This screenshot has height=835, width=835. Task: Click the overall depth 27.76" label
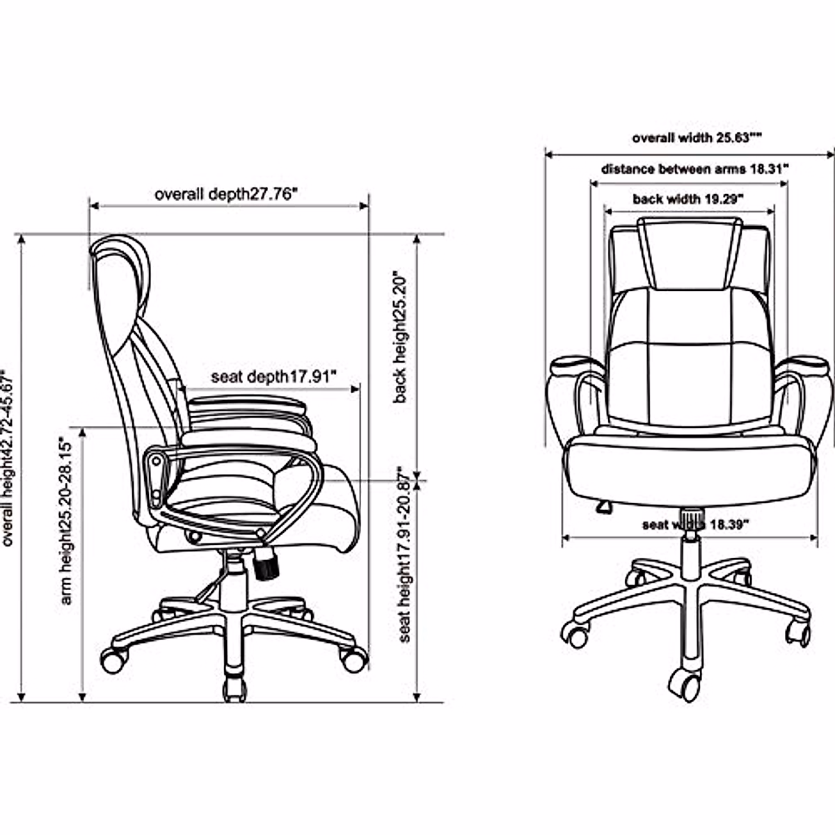click(226, 194)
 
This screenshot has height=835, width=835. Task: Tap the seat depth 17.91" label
click(273, 376)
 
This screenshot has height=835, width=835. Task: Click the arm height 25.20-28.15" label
click(67, 520)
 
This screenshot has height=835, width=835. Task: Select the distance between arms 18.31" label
click(694, 169)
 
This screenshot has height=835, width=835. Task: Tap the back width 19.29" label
click(687, 200)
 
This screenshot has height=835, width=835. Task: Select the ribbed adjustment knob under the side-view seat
click(265, 564)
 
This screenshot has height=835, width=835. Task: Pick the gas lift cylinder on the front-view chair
click(690, 550)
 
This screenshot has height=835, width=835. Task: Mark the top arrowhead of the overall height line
click(22, 239)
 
